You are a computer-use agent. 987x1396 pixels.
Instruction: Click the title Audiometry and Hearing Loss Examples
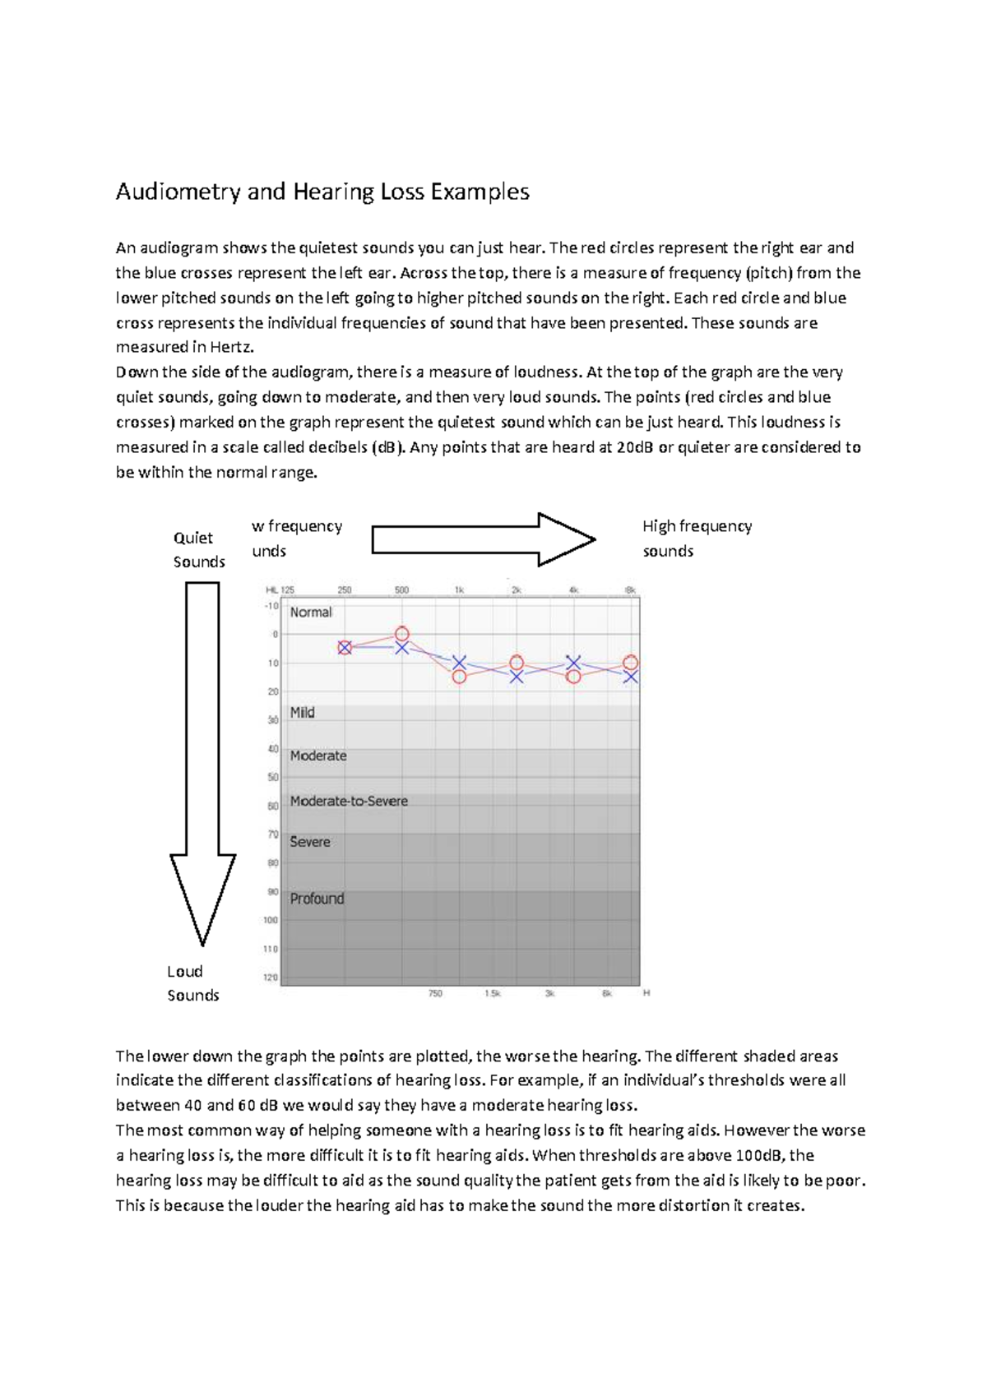pyautogui.click(x=322, y=192)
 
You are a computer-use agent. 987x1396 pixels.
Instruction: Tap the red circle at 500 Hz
pyautogui.click(x=401, y=634)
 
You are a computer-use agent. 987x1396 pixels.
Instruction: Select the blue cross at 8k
pyautogui.click(x=630, y=677)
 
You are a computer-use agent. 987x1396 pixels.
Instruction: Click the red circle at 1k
pyautogui.click(x=459, y=677)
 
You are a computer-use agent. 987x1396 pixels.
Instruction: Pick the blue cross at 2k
pyautogui.click(x=516, y=677)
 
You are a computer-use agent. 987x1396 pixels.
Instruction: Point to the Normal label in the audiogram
pyautogui.click(x=311, y=612)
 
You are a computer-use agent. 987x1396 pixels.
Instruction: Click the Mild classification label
pyautogui.click(x=302, y=713)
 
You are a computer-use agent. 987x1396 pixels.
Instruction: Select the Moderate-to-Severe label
pyautogui.click(x=349, y=801)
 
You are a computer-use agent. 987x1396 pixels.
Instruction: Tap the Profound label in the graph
pyautogui.click(x=317, y=899)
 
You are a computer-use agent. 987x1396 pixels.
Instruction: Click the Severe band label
pyautogui.click(x=310, y=842)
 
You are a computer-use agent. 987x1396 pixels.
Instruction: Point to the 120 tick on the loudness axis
pyautogui.click(x=271, y=978)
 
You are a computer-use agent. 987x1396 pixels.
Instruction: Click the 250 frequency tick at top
pyautogui.click(x=344, y=589)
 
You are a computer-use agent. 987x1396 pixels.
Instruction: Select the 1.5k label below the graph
pyautogui.click(x=492, y=994)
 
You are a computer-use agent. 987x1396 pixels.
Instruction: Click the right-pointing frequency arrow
pyautogui.click(x=484, y=540)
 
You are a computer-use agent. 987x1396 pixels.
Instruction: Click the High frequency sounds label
pyautogui.click(x=697, y=539)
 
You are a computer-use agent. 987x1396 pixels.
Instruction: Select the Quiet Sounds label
pyautogui.click(x=198, y=549)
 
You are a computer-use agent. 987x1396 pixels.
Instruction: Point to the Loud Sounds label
pyautogui.click(x=192, y=983)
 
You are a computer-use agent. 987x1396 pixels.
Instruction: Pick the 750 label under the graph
pyautogui.click(x=435, y=994)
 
